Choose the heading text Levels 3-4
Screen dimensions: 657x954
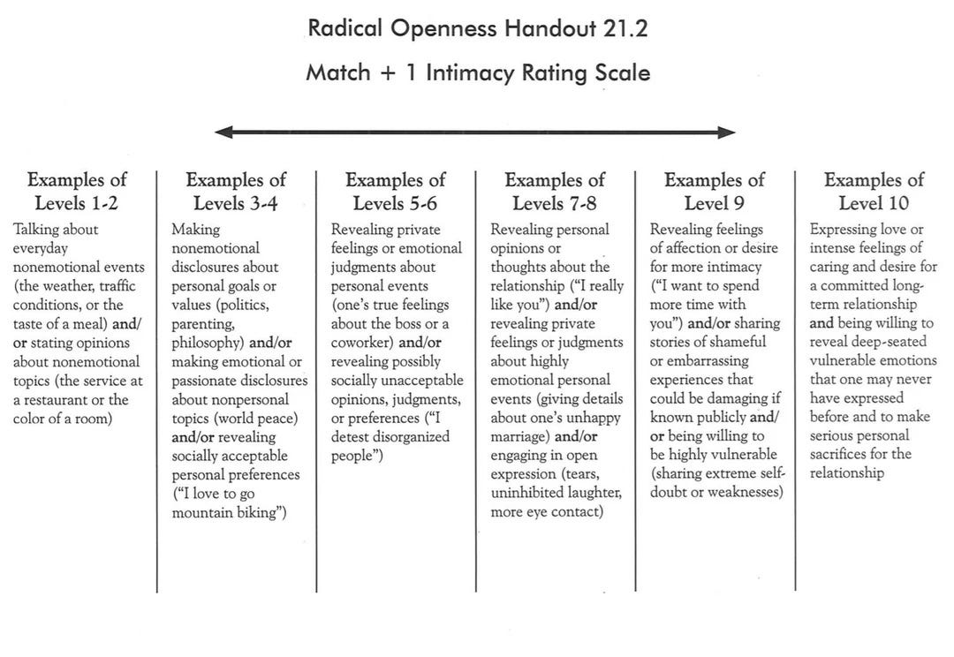236,203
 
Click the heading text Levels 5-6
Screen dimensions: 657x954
396,203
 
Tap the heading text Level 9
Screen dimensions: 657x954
714,203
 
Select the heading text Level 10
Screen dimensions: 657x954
874,203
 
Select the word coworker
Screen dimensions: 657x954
362,343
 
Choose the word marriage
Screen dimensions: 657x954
521,437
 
